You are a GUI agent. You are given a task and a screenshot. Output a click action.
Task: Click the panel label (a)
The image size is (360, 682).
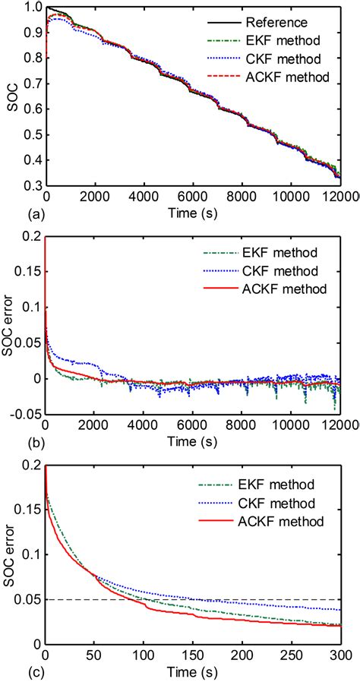[x=12, y=216]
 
